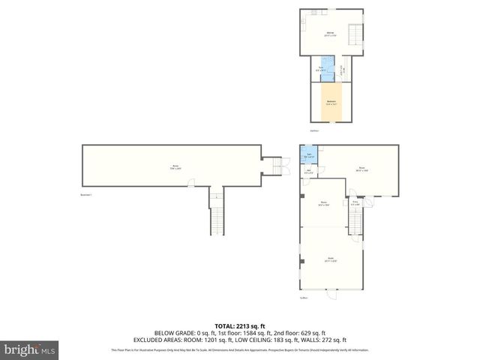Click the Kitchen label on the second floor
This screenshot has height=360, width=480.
tap(330, 33)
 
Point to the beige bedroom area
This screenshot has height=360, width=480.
tap(331, 103)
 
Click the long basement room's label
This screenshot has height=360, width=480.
tap(174, 166)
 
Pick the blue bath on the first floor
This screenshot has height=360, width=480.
tap(309, 156)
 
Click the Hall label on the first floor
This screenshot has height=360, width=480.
tap(310, 170)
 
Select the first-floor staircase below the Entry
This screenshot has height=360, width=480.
tap(355, 222)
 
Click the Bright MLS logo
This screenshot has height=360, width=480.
tap(30, 349)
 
